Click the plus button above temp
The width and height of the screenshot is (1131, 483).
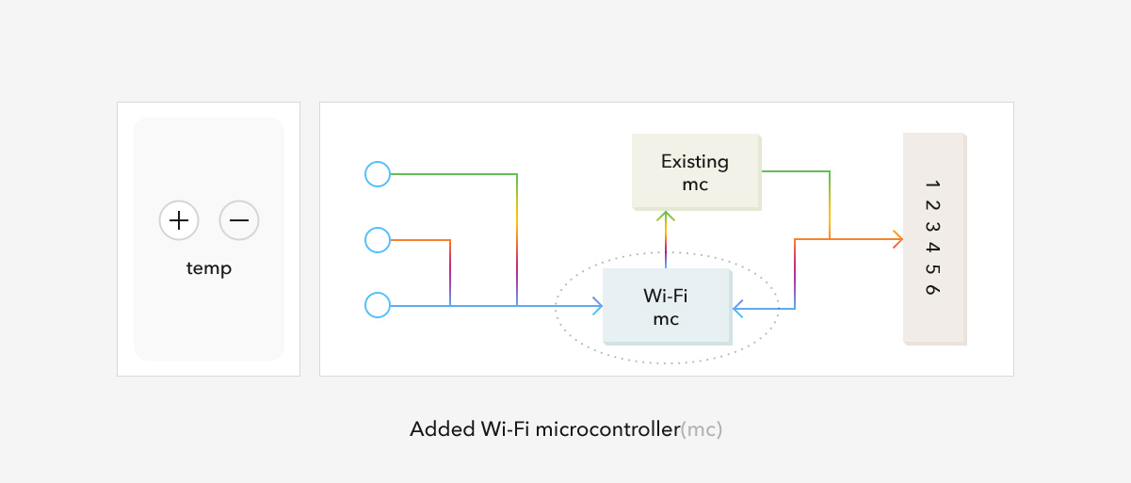(179, 220)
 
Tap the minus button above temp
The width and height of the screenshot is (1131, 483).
(239, 220)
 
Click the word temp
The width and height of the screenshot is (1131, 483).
(208, 268)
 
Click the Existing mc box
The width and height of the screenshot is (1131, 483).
(696, 172)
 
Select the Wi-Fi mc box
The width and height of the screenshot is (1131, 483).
(667, 307)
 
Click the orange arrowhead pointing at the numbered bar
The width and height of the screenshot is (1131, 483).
(897, 239)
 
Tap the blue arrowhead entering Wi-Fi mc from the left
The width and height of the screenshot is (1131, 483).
(597, 306)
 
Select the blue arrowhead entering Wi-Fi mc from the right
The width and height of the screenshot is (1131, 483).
(737, 309)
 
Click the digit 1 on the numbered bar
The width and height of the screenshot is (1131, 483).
(932, 185)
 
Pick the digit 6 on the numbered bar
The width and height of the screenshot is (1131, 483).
(932, 290)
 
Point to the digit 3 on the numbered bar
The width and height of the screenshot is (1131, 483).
(932, 227)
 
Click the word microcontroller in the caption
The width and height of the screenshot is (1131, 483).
(607, 429)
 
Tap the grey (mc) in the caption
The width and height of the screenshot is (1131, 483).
(702, 430)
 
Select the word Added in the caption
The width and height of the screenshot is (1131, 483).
(443, 429)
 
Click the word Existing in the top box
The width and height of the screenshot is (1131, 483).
(695, 162)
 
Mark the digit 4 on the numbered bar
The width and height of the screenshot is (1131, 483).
(932, 248)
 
